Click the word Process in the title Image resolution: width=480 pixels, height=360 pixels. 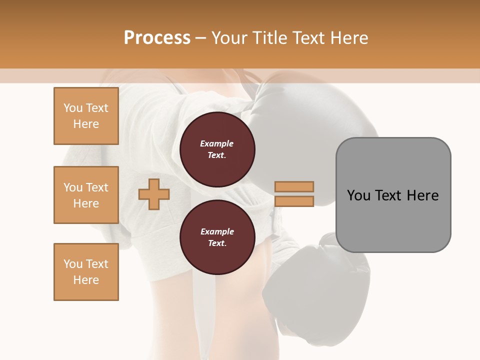pyautogui.click(x=157, y=38)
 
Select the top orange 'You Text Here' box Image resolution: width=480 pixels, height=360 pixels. pyautogui.click(x=86, y=116)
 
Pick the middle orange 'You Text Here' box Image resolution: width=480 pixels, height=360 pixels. pyautogui.click(x=86, y=195)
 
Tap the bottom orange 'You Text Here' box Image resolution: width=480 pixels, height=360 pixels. pyautogui.click(x=86, y=272)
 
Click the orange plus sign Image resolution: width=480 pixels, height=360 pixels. pyautogui.click(x=154, y=194)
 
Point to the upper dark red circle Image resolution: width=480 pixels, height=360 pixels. pyautogui.click(x=217, y=149)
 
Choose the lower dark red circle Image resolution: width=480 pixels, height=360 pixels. pyautogui.click(x=217, y=237)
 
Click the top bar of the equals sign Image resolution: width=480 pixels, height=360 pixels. pyautogui.click(x=294, y=187)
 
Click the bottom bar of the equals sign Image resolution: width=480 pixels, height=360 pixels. pyautogui.click(x=294, y=201)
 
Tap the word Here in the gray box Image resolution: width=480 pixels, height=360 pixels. pyautogui.click(x=422, y=195)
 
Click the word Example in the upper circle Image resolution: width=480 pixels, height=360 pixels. pyautogui.click(x=217, y=143)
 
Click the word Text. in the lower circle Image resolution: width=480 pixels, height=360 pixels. pyautogui.click(x=217, y=243)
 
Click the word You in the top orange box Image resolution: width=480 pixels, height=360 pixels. pyautogui.click(x=73, y=108)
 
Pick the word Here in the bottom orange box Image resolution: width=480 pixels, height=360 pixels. pyautogui.click(x=86, y=280)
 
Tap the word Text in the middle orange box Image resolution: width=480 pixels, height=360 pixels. pyautogui.click(x=97, y=187)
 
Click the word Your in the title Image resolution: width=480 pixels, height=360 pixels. pyautogui.click(x=230, y=38)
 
